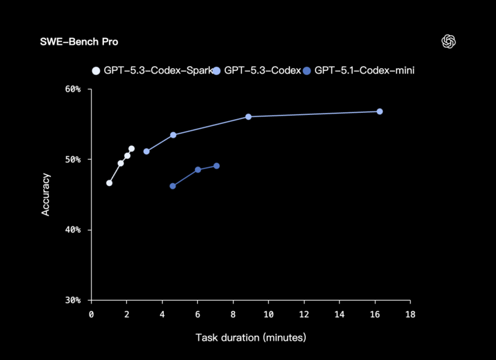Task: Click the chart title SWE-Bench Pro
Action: coord(79,42)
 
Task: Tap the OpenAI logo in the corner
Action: coord(449,42)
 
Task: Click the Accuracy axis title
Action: coord(46,194)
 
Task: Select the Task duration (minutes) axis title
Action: coord(251,337)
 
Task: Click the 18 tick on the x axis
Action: coord(410,315)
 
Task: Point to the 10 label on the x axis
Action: coord(268,315)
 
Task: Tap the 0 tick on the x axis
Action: coord(91,315)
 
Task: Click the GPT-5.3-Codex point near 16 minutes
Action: coord(380,112)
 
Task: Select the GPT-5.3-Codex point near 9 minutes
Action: coord(248,116)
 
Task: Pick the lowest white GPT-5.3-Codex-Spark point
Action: coord(109,183)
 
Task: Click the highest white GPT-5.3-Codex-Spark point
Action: coord(132,149)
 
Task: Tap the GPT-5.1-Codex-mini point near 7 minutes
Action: coord(216,166)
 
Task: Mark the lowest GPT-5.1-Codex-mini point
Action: coord(172,186)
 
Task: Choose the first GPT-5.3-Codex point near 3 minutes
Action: coord(146,151)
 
